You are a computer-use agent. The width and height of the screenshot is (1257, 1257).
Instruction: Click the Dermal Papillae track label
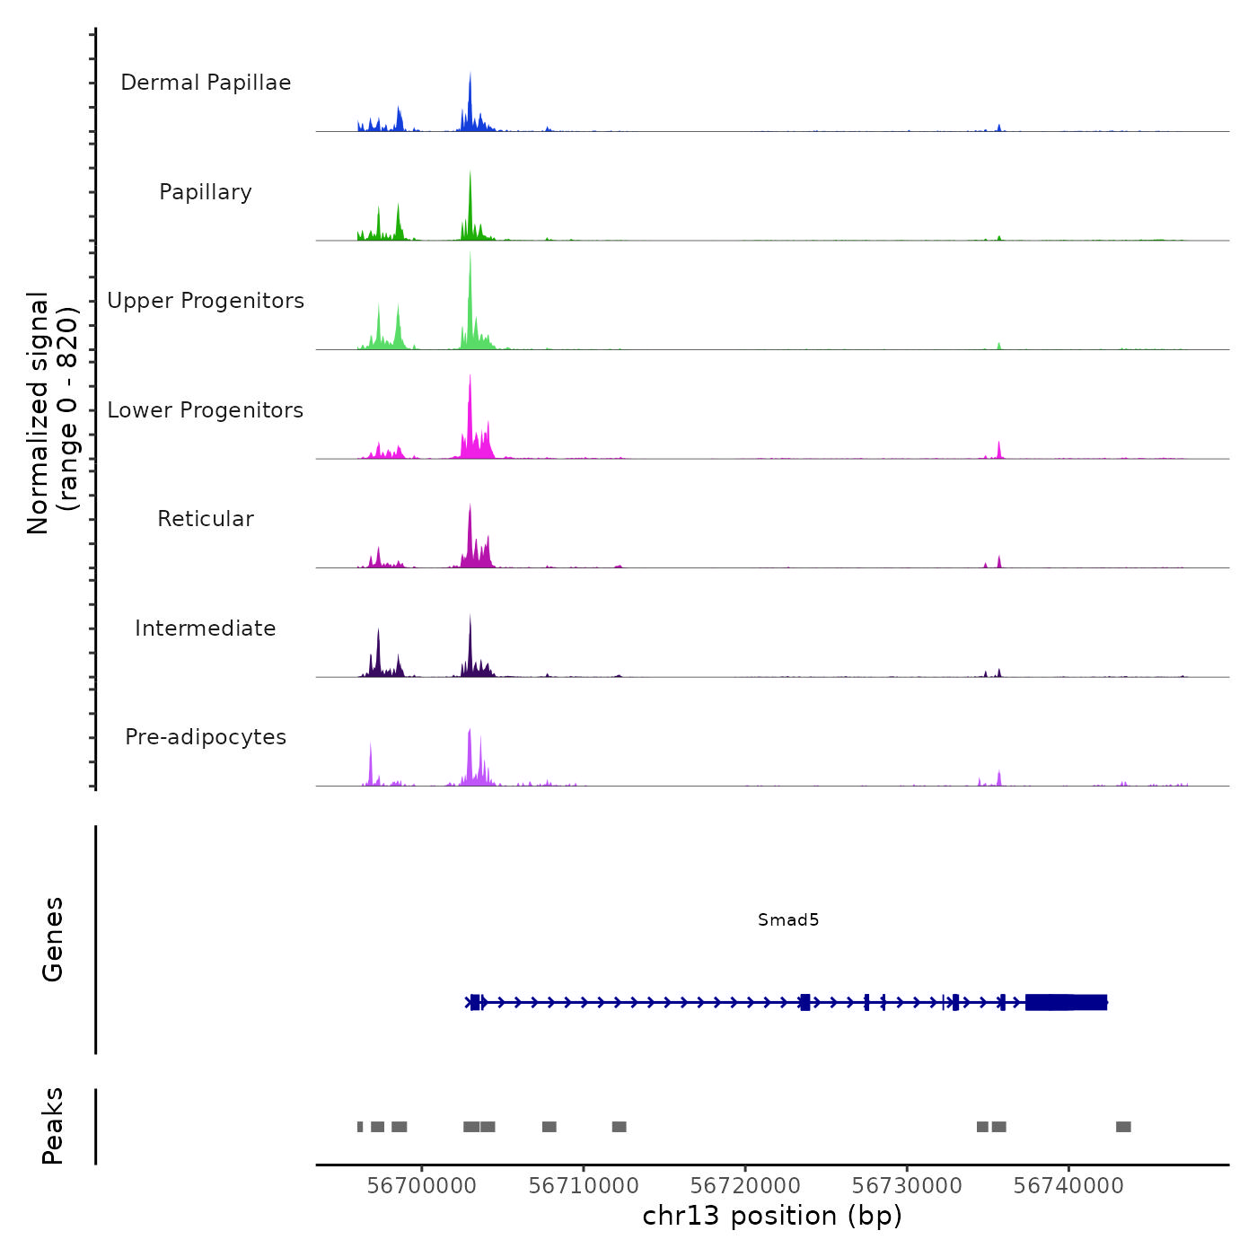tap(206, 83)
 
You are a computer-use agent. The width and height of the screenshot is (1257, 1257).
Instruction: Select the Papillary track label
tap(206, 192)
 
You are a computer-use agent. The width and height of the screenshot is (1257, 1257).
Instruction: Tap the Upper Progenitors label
tap(206, 301)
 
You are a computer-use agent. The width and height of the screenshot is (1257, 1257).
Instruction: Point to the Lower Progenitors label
tap(206, 410)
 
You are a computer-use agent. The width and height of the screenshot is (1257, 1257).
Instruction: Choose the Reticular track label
tap(206, 519)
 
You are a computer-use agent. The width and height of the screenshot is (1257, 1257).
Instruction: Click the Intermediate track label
tap(206, 628)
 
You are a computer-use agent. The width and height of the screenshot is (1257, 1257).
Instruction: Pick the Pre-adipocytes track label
tap(206, 737)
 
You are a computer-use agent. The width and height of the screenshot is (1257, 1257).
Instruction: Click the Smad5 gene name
tap(788, 919)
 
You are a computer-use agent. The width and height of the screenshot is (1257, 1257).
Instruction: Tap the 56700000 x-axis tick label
tap(422, 1186)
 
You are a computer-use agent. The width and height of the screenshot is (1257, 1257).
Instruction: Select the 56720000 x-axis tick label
tap(745, 1186)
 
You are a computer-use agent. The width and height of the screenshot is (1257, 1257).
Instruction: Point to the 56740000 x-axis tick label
tap(1068, 1186)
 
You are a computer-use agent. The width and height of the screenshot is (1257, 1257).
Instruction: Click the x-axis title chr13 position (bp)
tap(772, 1216)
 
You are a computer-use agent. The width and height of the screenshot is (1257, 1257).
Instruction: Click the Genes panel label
tap(53, 939)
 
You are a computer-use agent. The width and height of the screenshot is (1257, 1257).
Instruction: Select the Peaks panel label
tap(53, 1126)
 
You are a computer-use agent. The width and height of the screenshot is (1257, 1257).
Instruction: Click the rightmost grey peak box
tap(1123, 1127)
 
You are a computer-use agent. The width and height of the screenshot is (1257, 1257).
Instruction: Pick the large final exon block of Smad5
tap(1066, 1002)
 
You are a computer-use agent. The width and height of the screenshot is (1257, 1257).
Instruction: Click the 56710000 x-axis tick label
tap(584, 1186)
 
